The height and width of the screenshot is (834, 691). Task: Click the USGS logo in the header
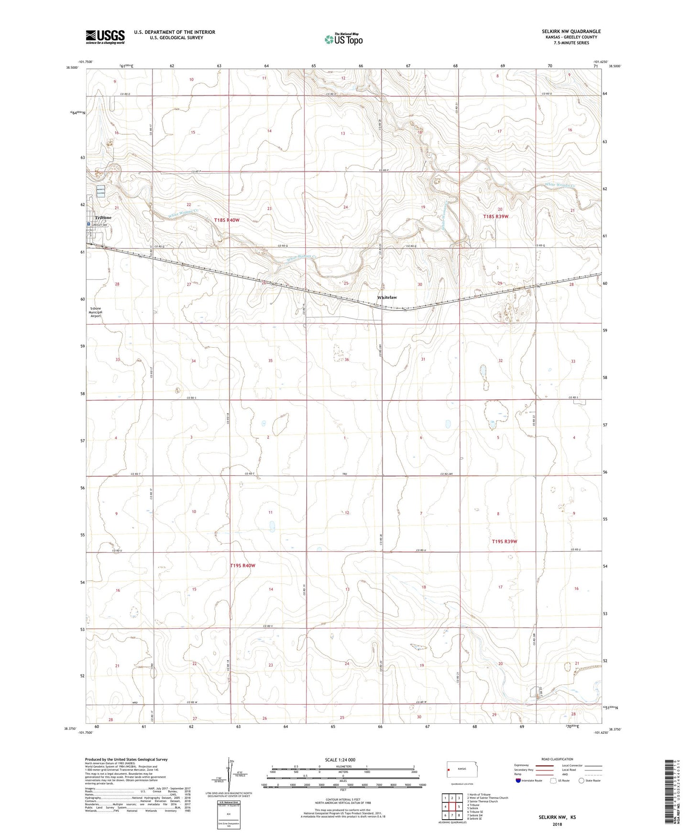coord(105,36)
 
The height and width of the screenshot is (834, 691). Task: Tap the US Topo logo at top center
coord(343,39)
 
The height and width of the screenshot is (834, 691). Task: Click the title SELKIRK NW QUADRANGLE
coord(569,32)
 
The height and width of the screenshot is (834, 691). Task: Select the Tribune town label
coord(102,218)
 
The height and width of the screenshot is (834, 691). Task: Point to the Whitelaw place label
coord(387,298)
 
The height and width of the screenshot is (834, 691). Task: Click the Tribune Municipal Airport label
coord(96,312)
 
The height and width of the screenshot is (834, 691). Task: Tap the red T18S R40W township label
coord(227,220)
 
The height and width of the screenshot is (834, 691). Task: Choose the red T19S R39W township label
coord(505,542)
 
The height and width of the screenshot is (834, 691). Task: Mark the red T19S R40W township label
coord(242,566)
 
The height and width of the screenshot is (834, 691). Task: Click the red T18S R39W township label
coord(495,216)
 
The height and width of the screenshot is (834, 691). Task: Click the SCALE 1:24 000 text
coord(340,759)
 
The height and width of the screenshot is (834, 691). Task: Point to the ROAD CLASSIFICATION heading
coord(557,759)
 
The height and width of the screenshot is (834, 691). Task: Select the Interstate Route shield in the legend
coord(519,781)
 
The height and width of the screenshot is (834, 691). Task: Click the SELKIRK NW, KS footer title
coord(557,817)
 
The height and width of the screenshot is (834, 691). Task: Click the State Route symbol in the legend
coord(581,781)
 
